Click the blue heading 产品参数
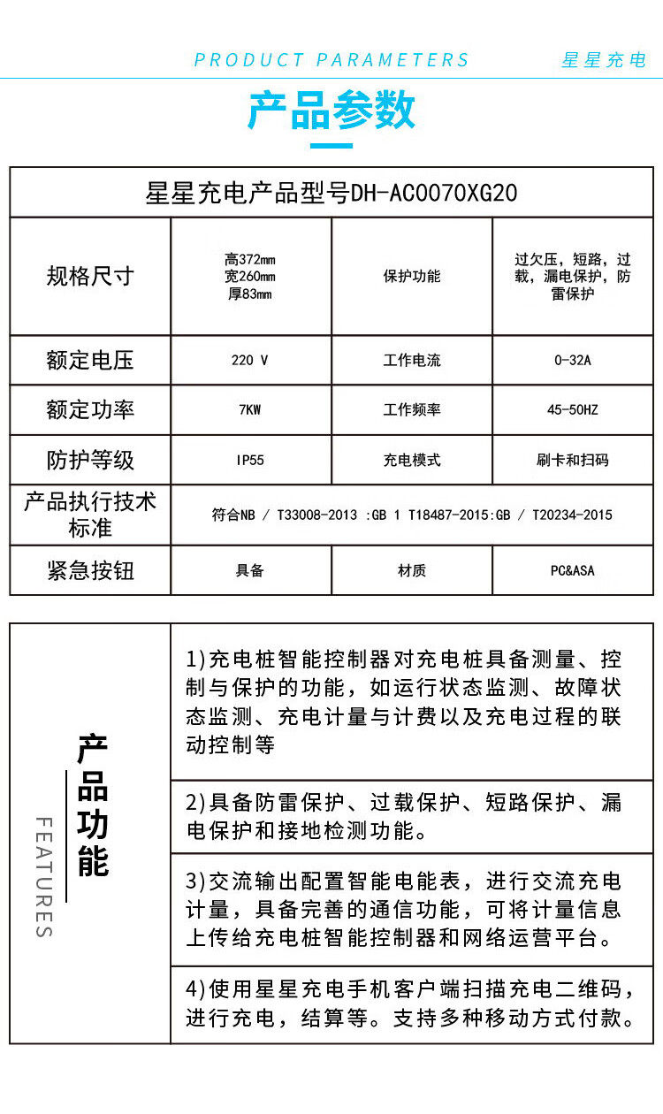point(331,111)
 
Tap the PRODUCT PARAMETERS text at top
point(331,60)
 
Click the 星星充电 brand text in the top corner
point(604,60)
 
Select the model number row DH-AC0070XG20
point(331,193)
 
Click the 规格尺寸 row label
point(90,276)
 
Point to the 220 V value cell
point(250,361)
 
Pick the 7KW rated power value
point(250,410)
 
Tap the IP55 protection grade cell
point(250,461)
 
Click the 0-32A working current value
point(573,361)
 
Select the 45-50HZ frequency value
point(573,410)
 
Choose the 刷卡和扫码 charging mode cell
point(573,461)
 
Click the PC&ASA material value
point(573,571)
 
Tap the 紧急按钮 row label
point(90,570)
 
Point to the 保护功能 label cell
point(412,276)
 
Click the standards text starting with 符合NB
point(412,515)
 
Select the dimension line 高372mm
point(250,260)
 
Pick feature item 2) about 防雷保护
point(403,816)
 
